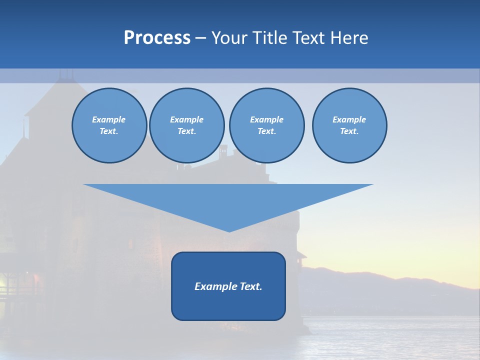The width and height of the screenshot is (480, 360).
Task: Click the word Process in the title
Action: pos(157,38)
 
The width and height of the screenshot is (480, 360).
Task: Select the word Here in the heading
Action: pos(348,38)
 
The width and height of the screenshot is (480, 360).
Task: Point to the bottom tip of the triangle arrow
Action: pos(229,231)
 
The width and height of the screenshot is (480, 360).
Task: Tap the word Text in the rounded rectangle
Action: pos(251,286)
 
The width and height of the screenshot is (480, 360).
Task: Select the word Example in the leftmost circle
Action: pos(109,119)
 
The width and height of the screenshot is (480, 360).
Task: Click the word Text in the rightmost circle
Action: pos(349,131)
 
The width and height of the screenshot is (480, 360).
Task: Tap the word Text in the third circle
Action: pos(266,131)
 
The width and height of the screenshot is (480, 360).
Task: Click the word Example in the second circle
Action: pos(186,119)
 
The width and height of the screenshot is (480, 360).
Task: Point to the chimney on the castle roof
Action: pos(223,149)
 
